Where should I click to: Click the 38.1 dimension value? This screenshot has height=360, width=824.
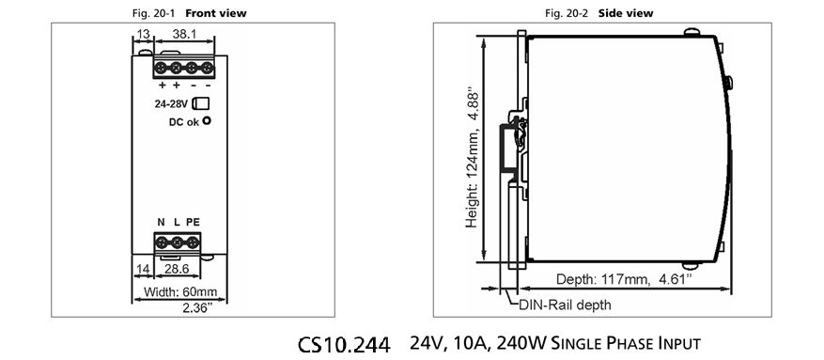pos(184,34)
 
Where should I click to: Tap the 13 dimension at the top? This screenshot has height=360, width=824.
pos(143,34)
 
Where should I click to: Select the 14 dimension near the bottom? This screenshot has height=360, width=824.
pos(143,269)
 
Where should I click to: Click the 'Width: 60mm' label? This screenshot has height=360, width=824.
pos(180,291)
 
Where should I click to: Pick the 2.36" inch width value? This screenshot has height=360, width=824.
pos(197,308)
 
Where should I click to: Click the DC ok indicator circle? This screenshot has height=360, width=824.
pos(207,120)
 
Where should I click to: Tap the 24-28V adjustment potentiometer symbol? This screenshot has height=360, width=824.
pos(201,103)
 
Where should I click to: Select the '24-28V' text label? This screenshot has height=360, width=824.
pos(171,104)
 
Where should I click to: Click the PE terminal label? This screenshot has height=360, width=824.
pos(193,223)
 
